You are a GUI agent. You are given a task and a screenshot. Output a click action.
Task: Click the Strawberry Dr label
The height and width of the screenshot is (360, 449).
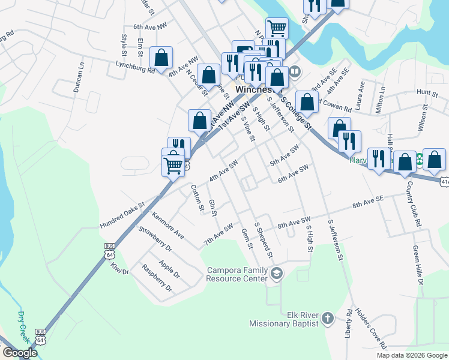click(155, 239)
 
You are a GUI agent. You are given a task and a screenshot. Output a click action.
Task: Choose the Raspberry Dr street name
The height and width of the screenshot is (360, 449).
click(157, 278)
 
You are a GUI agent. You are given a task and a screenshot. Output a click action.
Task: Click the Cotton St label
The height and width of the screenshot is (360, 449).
click(196, 197)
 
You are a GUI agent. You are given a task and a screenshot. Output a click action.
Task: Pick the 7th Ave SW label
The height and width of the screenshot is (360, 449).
click(218, 234)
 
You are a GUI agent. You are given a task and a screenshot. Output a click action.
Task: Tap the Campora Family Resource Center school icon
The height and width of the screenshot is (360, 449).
click(277, 274)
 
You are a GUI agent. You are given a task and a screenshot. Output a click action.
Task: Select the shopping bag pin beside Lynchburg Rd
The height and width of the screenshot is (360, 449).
click(161, 58)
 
